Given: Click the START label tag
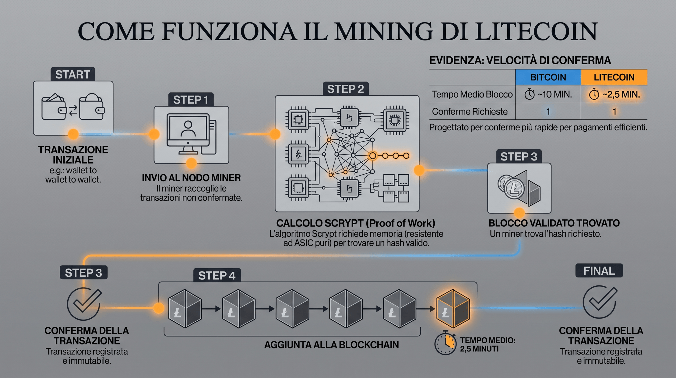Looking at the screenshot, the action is coord(73,74).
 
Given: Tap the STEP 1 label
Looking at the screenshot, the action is coord(191,100).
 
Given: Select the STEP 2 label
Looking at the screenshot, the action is coord(345,89).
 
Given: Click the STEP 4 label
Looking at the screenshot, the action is coord(217,275).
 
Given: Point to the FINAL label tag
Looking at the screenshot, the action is coord(599,271).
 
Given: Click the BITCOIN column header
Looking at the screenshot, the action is coord(548,77).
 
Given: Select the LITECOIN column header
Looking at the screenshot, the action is coord(614,77).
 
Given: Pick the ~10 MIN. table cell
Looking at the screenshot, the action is coord(548,94).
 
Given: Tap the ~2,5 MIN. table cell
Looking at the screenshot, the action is coord(614,94).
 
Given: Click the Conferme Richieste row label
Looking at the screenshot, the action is coord(470,112).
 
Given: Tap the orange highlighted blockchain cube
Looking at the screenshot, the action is coord(453,308).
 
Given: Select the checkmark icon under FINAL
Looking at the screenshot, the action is coord(600,302).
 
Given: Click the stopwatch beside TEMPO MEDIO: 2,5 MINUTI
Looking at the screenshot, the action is coord(445,343).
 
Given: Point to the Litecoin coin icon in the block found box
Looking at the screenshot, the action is coord(514,188).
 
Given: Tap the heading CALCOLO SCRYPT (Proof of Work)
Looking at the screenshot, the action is coord(356,223).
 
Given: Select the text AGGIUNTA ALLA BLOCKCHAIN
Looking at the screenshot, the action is coord(331,345).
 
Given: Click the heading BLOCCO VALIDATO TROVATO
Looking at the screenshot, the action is coord(554,223).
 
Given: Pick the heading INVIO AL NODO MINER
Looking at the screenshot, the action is coord(191,178).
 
